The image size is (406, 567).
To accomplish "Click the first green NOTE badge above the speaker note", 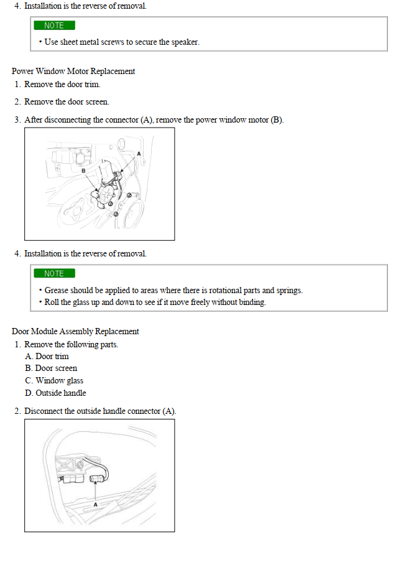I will [54, 26].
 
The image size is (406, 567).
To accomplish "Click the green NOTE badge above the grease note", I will [54, 273].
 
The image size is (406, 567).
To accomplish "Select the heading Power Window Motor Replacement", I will [73, 71].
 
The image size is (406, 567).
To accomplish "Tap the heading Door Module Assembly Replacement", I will [75, 331].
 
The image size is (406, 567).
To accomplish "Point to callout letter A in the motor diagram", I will [139, 153].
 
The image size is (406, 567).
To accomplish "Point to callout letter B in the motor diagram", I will [83, 170].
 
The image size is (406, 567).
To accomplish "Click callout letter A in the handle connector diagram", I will [95, 504].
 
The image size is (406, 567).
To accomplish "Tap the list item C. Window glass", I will [54, 380].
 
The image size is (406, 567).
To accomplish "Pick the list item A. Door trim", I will [47, 356].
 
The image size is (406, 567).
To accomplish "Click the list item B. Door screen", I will [51, 368].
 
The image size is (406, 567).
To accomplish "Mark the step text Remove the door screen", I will [67, 101].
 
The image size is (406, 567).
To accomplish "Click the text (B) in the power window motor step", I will [276, 119].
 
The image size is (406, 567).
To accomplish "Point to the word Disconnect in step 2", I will [43, 411].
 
